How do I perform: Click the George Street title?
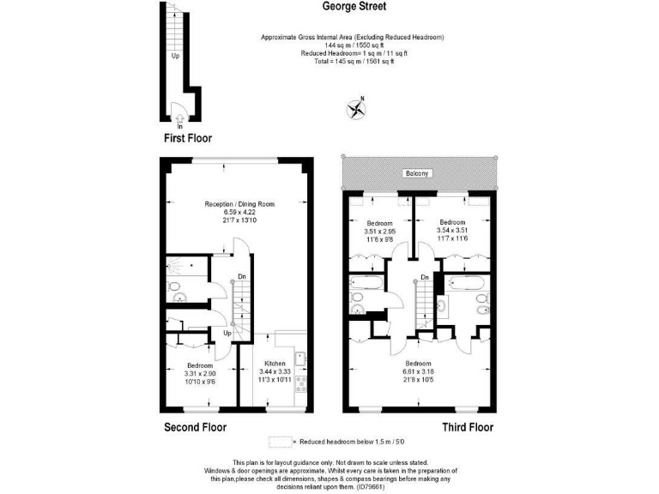pos(354,7)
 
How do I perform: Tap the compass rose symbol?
pos(355,109)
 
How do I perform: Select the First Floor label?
pos(187,138)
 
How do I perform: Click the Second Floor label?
pos(195,427)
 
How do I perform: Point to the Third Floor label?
pos(467,427)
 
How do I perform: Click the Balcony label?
pos(419,174)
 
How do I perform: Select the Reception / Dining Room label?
pos(239,204)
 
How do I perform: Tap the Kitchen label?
pos(274,363)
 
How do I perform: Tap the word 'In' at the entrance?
pos(179,126)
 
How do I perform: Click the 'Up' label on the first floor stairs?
pos(175,57)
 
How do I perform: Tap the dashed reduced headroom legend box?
pos(280,442)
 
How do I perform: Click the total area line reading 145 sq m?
pos(353,62)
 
